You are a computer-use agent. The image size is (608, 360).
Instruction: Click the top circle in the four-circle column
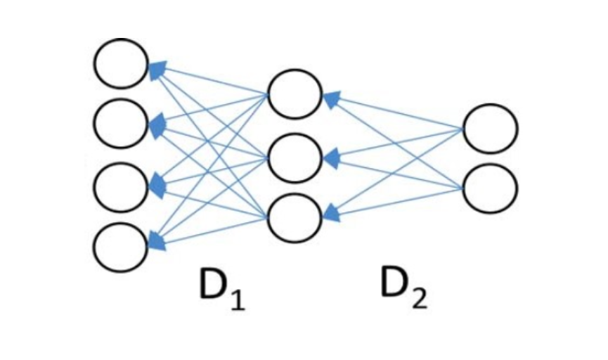[x=121, y=63]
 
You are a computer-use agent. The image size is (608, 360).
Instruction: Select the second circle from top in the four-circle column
[x=121, y=124]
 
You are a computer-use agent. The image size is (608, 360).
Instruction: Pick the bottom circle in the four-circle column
[x=121, y=247]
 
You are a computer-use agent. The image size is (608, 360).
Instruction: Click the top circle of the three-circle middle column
[x=295, y=94]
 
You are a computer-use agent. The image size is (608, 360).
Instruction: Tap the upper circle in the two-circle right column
[x=491, y=128]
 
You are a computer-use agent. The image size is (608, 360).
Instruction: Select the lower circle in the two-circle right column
[x=491, y=188]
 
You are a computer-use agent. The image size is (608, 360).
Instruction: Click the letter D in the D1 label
[x=212, y=286]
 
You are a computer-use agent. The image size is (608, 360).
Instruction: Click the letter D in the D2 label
[x=395, y=283]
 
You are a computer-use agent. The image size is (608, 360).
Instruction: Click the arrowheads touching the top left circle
[x=156, y=67]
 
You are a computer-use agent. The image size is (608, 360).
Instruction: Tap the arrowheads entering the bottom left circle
[x=156, y=243]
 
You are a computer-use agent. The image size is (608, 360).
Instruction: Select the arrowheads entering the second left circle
[x=156, y=125]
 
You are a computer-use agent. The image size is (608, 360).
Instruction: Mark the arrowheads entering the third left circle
[x=156, y=185]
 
